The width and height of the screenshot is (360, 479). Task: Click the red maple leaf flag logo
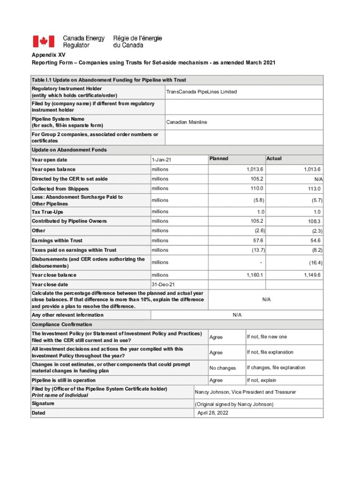[43, 42]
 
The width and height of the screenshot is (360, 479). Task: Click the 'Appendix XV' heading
[46, 55]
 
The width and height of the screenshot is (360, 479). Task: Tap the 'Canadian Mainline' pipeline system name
[187, 122]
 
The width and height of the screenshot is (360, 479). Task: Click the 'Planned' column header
[219, 159]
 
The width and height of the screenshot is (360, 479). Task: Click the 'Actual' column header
[274, 159]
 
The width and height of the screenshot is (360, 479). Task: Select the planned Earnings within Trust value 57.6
[257, 240]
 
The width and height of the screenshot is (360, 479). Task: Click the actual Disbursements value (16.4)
[314, 263]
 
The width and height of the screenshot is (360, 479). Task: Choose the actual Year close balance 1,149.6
[311, 275]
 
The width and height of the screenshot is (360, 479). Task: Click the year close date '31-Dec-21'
[163, 284]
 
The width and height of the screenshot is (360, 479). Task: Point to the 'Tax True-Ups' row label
[47, 212]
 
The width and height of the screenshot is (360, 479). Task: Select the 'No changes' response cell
[223, 368]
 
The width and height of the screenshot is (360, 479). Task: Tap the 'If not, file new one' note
[267, 337]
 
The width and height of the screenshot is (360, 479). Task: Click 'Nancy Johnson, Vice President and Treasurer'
[245, 392]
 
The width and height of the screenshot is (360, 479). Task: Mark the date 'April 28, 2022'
[213, 413]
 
